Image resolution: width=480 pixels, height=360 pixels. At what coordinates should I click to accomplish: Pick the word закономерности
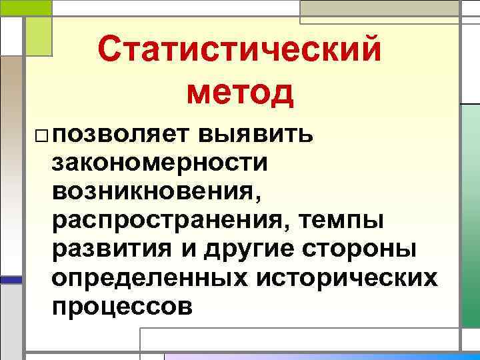coord(160,163)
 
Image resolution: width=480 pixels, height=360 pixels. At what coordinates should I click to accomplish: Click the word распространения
coord(167,220)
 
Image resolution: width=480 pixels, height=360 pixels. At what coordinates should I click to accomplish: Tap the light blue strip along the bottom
coord(320,356)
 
